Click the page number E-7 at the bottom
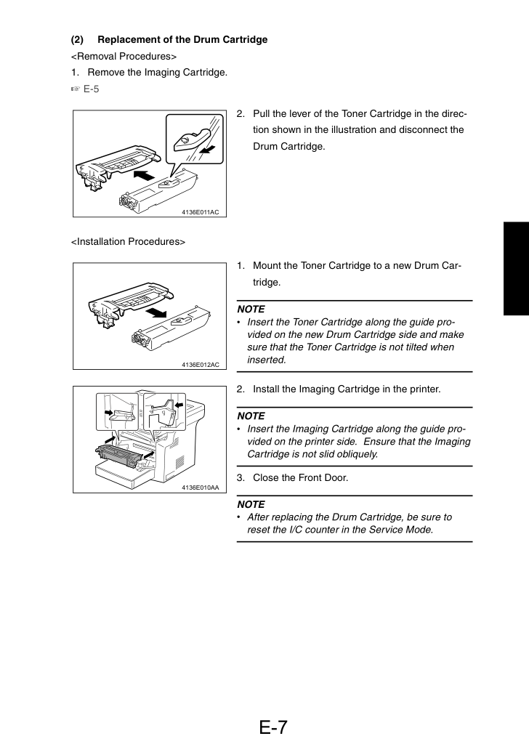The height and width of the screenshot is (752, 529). click(273, 727)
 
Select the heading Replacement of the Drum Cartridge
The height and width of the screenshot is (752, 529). click(182, 40)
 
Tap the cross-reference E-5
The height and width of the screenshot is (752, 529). click(91, 89)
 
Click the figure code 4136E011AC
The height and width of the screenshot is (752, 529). click(200, 212)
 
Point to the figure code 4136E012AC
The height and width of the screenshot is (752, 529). click(200, 365)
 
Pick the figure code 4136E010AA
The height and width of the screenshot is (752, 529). click(200, 488)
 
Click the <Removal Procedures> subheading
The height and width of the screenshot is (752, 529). click(124, 56)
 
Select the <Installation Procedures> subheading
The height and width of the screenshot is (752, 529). click(128, 242)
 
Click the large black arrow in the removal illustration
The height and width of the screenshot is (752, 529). click(144, 175)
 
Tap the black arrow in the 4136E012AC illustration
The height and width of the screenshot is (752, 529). click(156, 313)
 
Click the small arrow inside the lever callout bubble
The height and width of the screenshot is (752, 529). click(207, 150)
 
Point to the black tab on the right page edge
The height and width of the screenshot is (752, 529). click(516, 269)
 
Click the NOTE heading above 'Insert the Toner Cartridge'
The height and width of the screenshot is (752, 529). click(251, 310)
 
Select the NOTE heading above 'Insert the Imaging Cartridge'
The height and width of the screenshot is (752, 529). click(251, 416)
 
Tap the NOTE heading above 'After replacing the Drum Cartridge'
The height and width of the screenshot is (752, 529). click(251, 504)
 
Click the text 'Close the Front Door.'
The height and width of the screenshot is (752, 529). click(301, 477)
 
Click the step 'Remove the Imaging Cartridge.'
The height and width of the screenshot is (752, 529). click(157, 73)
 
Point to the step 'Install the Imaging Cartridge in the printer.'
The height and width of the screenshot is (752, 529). click(347, 389)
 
